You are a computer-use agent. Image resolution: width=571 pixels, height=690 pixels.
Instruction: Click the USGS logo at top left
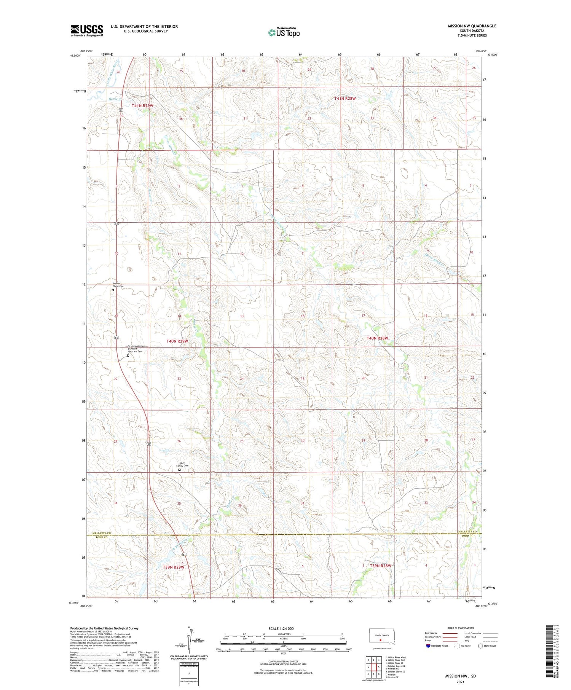point(87,30)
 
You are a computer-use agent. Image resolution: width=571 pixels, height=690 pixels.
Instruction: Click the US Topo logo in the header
point(284,33)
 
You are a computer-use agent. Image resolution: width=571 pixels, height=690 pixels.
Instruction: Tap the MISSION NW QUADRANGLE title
point(472,26)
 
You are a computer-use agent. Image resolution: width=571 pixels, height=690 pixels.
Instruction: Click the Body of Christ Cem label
point(118,285)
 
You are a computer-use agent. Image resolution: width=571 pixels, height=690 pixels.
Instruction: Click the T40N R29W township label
point(177,341)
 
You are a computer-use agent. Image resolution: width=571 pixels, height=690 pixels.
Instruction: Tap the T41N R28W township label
point(345,99)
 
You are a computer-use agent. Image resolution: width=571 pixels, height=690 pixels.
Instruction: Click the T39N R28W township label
point(380,566)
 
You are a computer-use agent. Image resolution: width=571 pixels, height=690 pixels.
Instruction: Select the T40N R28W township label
point(377,338)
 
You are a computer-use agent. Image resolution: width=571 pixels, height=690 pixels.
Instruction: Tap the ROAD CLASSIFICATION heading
point(461,628)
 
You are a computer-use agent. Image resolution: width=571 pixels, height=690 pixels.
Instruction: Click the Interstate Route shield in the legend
point(428,646)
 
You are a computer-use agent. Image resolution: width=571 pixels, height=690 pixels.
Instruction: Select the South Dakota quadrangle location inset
point(383,637)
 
